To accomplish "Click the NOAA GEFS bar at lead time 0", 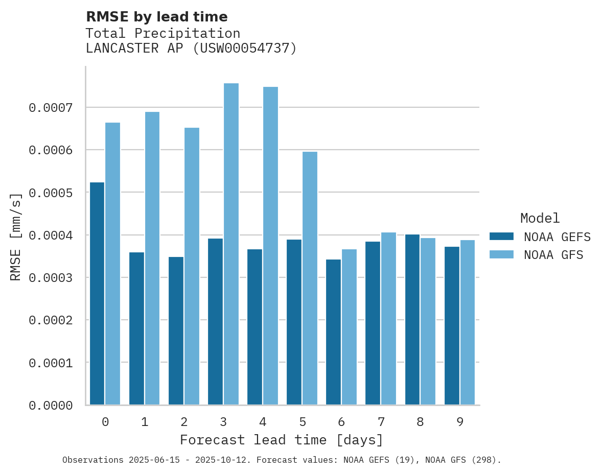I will click(x=97, y=294).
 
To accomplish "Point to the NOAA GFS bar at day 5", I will click(x=310, y=278).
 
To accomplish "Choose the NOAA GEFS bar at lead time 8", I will click(x=412, y=320).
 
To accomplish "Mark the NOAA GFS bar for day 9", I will click(x=468, y=322).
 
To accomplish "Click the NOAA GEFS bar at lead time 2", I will click(x=176, y=331).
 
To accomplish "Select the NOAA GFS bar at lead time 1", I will click(x=152, y=258).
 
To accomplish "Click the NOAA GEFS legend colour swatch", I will click(x=501, y=236).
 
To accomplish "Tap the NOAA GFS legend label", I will click(x=553, y=254).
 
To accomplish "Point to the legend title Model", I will click(x=540, y=218).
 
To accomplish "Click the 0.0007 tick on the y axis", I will click(x=51, y=108).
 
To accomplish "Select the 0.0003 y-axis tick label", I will click(x=51, y=278).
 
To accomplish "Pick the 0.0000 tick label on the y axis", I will click(x=51, y=406).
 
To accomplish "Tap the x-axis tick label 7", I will click(x=381, y=422).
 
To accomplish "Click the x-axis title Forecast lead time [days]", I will click(x=282, y=440).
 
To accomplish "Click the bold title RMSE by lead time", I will click(x=156, y=17).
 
